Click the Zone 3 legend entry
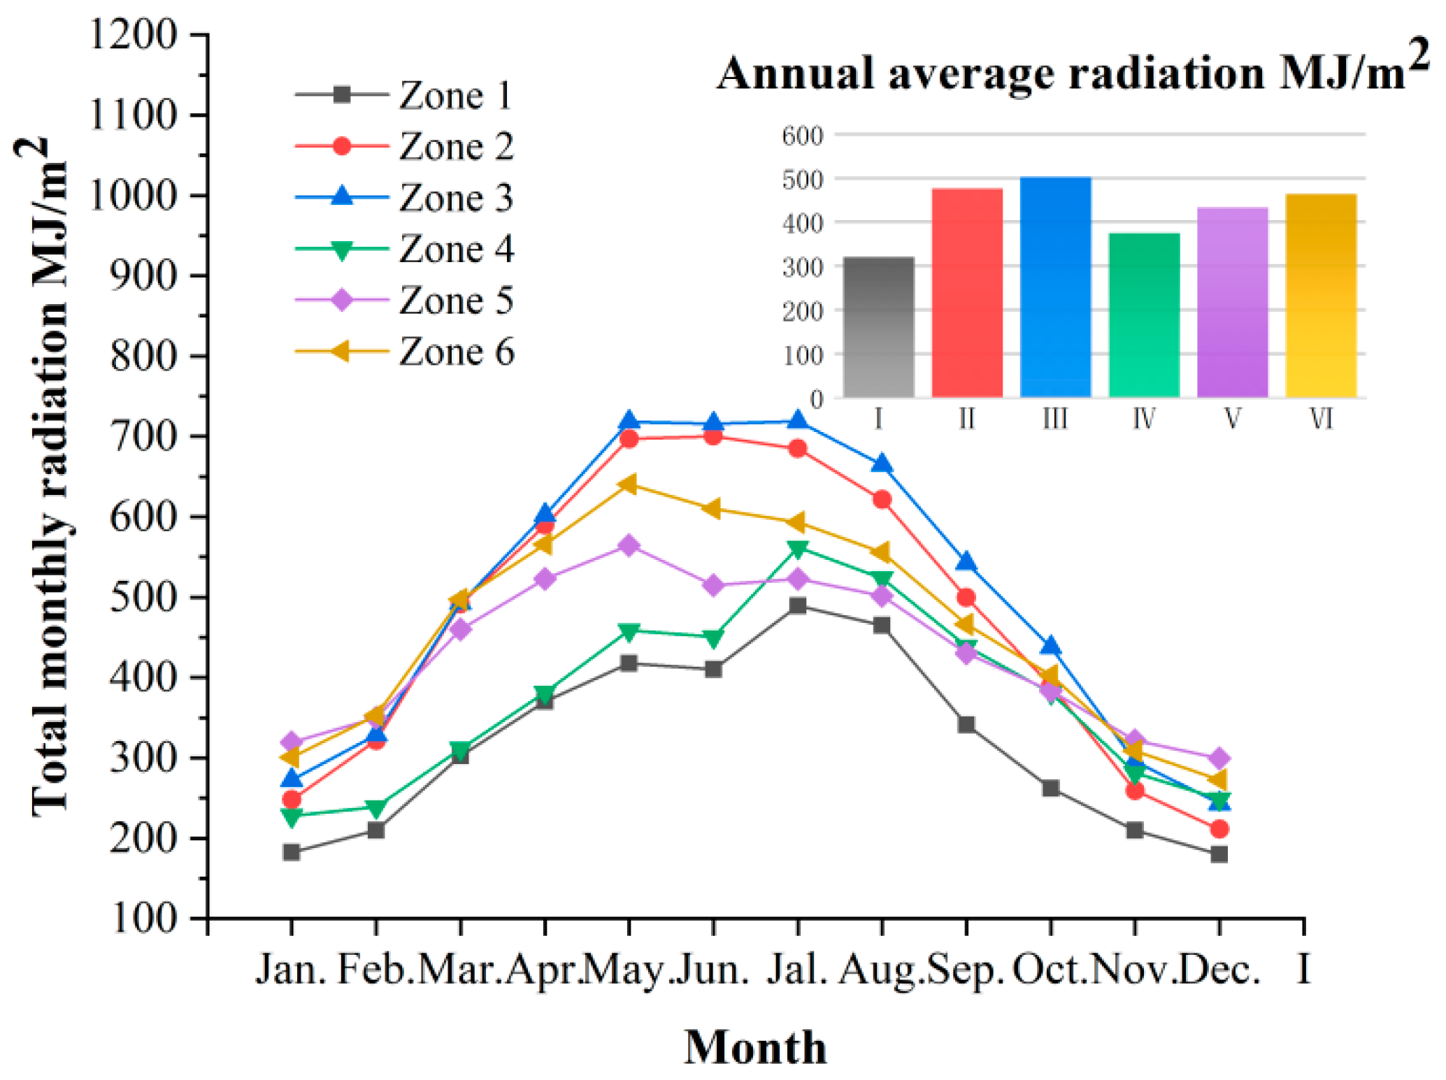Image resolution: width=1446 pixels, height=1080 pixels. point(404,198)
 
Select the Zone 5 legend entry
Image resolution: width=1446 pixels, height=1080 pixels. point(404,301)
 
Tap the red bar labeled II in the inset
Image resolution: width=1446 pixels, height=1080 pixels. point(967,293)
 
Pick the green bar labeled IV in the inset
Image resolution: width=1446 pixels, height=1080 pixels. point(1145,315)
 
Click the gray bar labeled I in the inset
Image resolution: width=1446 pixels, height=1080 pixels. point(879,327)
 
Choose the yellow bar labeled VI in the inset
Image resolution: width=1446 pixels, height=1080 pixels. point(1322,296)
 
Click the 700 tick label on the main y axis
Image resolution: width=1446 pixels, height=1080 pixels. point(144,436)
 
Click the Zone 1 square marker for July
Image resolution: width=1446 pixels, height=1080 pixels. point(798,606)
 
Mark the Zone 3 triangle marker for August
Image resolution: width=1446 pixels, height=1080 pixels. point(882,463)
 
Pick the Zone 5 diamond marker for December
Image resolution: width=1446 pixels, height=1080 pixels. point(1219,758)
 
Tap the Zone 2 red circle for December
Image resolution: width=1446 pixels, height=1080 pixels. point(1219,829)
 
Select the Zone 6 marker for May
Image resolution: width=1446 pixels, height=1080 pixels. point(628,484)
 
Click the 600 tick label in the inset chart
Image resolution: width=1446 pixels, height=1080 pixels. point(803,135)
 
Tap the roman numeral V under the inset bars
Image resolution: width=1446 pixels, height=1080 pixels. point(1233,419)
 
